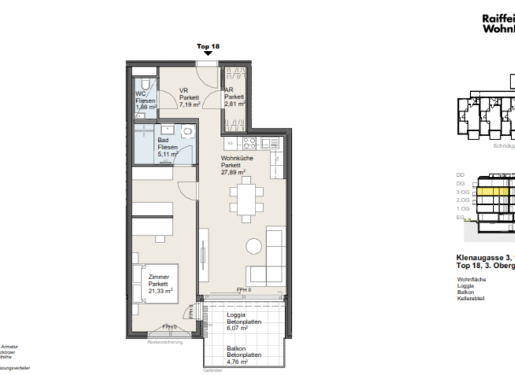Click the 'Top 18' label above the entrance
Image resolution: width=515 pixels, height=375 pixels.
coord(208,47)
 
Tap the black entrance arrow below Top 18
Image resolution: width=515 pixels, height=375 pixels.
coord(208,55)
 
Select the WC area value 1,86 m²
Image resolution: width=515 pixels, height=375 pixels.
coord(146,107)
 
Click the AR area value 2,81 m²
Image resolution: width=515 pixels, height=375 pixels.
coord(234,104)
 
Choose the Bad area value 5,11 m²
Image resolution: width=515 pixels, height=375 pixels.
coord(167,153)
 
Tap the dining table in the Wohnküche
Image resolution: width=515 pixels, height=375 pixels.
coord(243,200)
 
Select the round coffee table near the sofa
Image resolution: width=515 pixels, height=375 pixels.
coord(254,246)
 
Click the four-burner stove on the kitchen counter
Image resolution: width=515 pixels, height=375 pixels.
coord(249,142)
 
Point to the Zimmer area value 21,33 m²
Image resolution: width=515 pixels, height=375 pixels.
coord(160,290)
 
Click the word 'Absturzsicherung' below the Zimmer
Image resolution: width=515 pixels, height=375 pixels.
coord(165,342)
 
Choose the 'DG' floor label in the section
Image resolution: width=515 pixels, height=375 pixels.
coord(460,183)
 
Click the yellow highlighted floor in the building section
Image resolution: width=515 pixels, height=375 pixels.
coord(493,192)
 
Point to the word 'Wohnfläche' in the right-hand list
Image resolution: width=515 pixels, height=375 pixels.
coord(471,279)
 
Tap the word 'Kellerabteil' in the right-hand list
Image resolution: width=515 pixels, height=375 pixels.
coord(471,299)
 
